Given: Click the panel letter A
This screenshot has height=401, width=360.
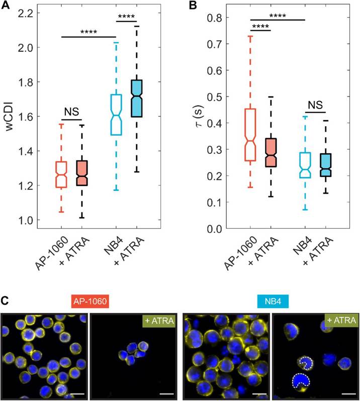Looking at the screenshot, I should coord(6,6).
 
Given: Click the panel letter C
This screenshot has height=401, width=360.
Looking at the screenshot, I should coord(6,300).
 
